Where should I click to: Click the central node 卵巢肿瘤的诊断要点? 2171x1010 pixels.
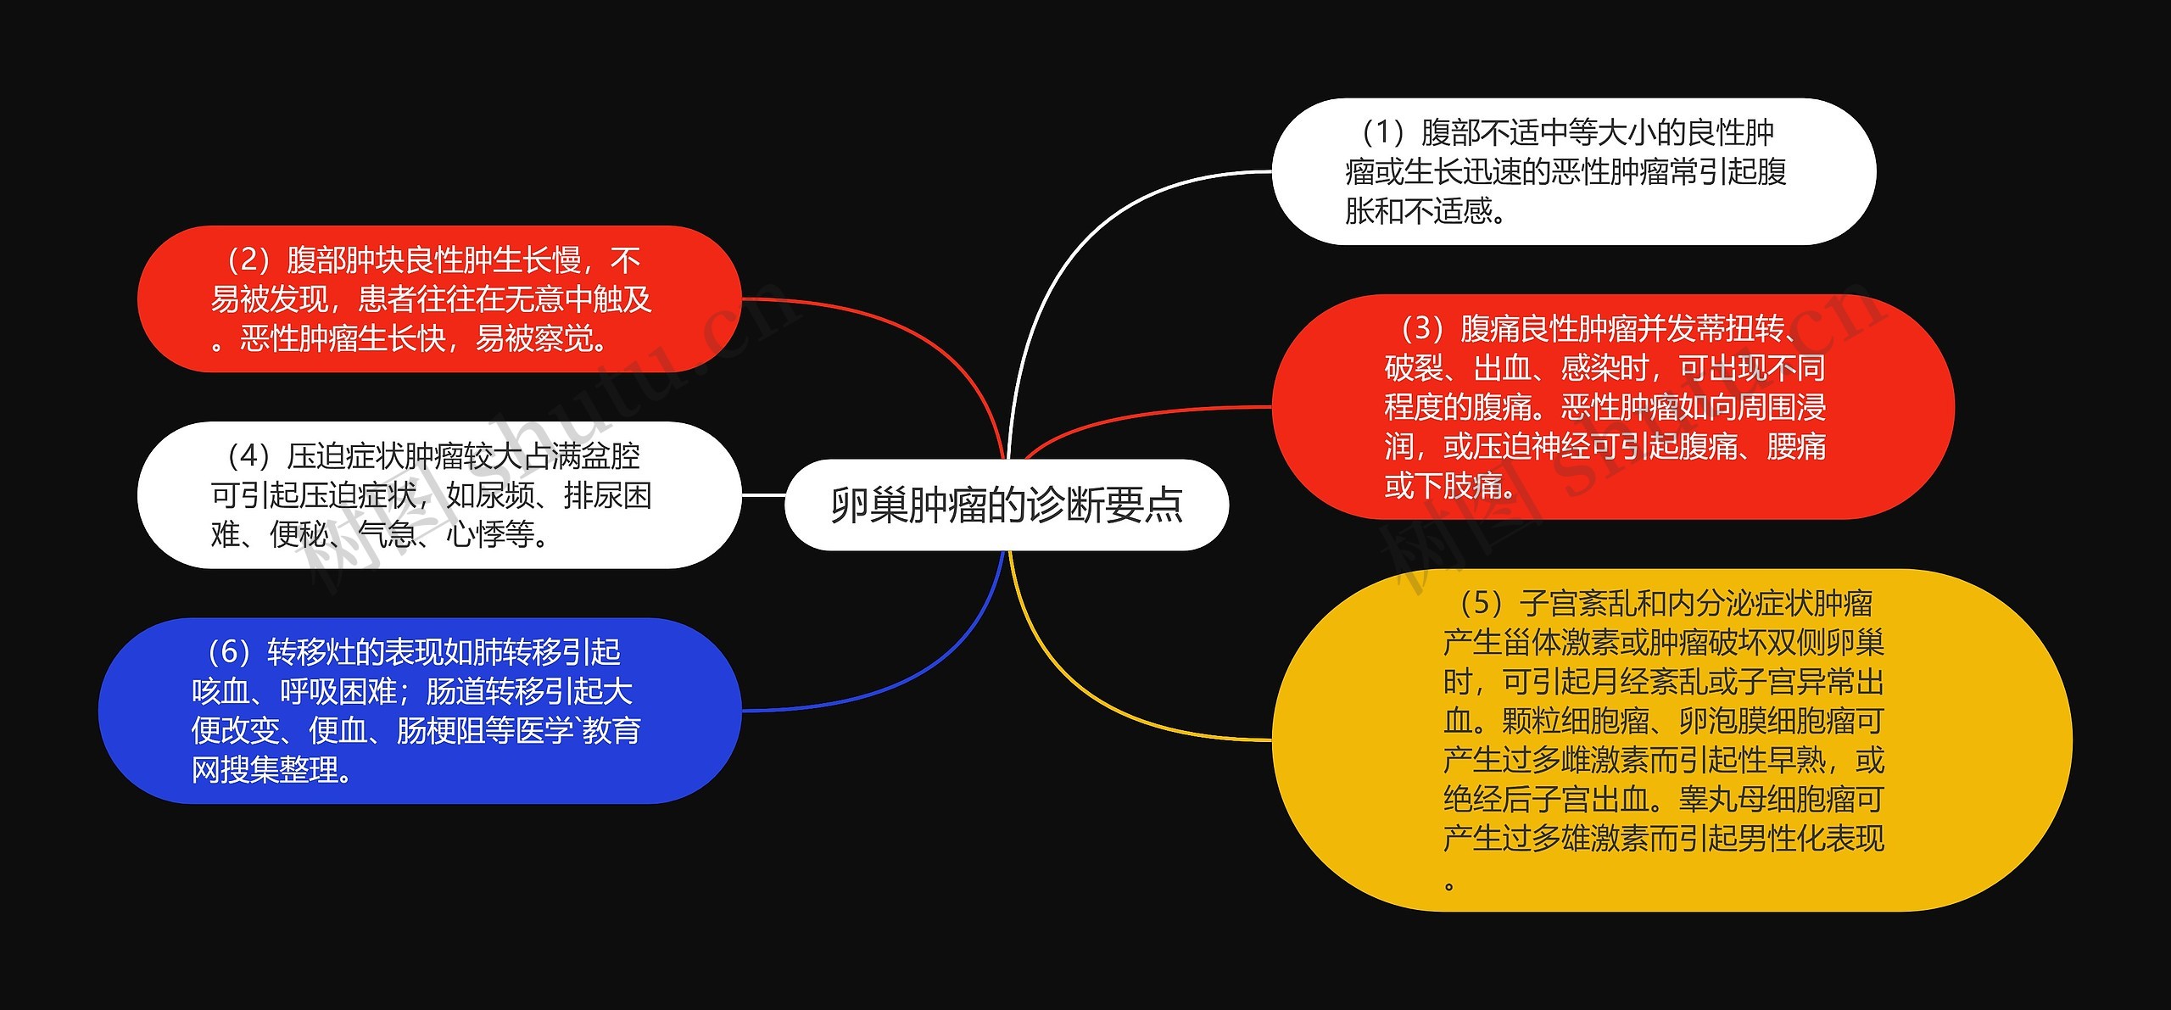(1007, 505)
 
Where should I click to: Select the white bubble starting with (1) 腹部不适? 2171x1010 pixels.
(1573, 172)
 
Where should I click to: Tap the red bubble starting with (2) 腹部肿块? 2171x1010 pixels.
(438, 299)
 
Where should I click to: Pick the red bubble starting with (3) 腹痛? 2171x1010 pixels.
(1611, 407)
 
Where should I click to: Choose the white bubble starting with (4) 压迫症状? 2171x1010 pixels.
(438, 495)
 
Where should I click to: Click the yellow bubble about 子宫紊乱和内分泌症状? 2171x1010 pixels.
(1671, 739)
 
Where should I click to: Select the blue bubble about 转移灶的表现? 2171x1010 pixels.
(420, 711)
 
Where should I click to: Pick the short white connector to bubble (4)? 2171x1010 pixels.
(763, 495)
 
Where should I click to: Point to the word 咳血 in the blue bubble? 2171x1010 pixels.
(220, 692)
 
